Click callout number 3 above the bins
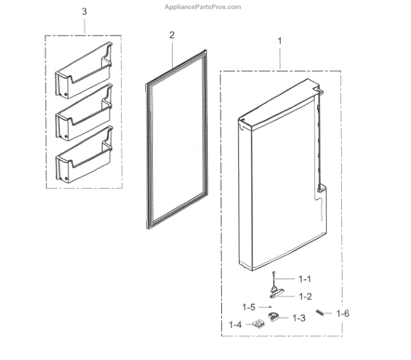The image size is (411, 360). coord(84,12)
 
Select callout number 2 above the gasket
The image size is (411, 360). coord(172,35)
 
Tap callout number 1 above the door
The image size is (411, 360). coord(279,41)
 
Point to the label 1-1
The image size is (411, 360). coord(303,279)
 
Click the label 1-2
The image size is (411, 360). coord(303,296)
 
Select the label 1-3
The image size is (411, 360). coord(299,318)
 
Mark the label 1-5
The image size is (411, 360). coord(250,307)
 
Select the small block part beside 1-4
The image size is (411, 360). coord(258,324)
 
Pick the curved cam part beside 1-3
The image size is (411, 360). coord(276,316)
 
